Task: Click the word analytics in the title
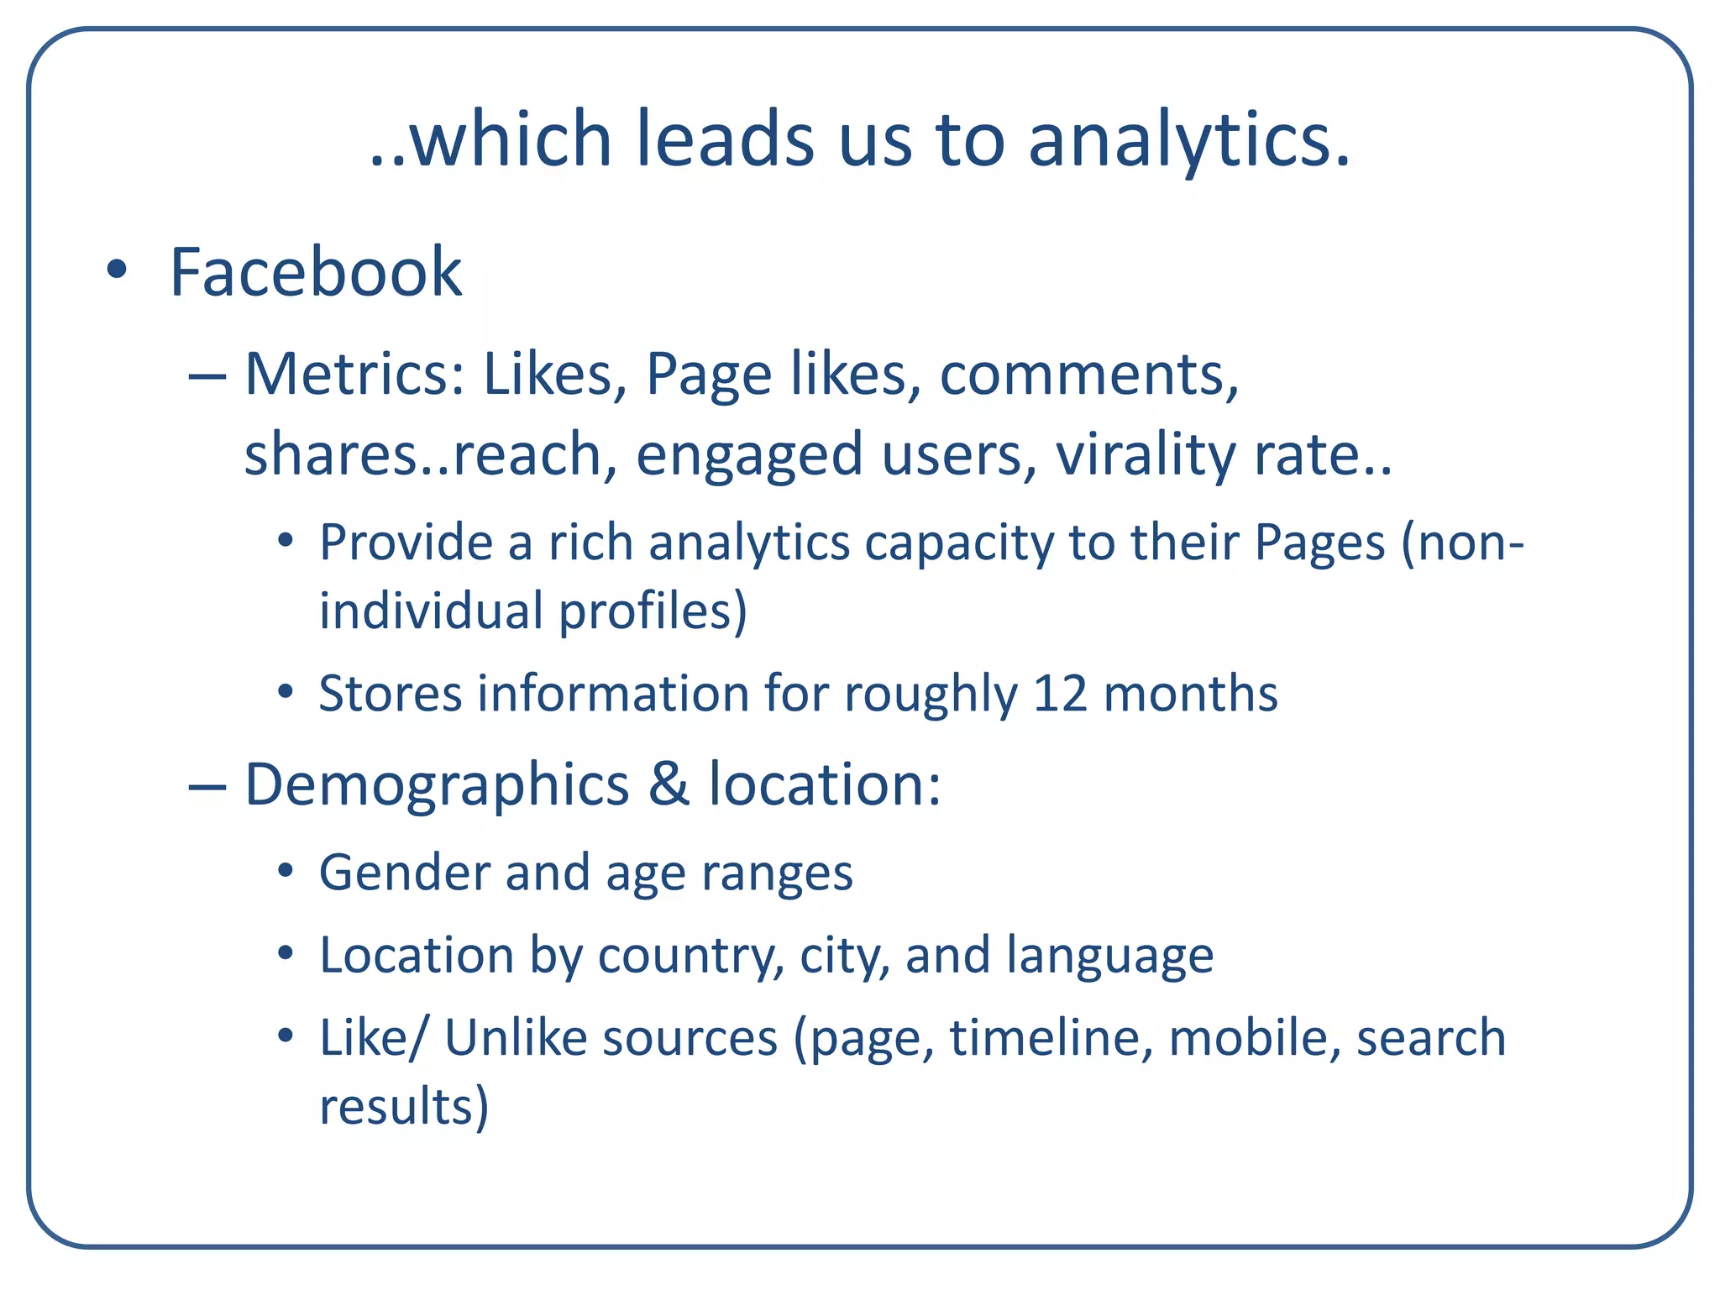click(1188, 139)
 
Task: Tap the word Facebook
click(316, 272)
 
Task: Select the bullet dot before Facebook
click(117, 270)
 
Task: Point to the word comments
click(1088, 373)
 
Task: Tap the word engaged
click(749, 455)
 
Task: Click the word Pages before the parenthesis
click(1319, 543)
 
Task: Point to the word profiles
click(653, 611)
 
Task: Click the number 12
click(1060, 694)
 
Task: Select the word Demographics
click(437, 785)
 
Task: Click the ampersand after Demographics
click(669, 784)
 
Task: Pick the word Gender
click(404, 872)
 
